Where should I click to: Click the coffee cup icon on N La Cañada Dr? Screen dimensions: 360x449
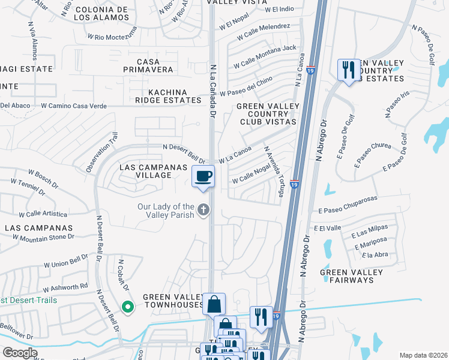[203, 176]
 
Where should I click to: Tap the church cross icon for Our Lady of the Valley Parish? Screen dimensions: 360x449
[203, 209]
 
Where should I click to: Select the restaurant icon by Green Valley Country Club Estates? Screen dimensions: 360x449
[348, 70]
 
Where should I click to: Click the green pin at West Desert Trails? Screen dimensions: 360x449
[127, 307]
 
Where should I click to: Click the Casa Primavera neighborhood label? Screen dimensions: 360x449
[155, 66]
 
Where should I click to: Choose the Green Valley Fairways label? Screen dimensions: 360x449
[351, 276]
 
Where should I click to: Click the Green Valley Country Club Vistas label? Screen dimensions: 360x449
[267, 114]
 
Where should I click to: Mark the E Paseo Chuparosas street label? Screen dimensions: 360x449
[348, 211]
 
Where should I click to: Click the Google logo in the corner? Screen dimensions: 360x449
[20, 353]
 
